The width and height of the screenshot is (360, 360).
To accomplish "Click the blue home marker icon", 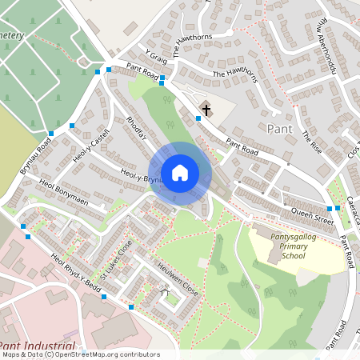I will pos(180,173).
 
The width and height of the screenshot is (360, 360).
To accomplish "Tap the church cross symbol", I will pos(206,109).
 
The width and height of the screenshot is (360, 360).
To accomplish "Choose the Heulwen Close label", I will pos(178,278).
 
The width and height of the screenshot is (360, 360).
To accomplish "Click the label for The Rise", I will pos(310,142).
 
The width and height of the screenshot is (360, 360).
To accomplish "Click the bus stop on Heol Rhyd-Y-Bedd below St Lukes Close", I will pos(104,297).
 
